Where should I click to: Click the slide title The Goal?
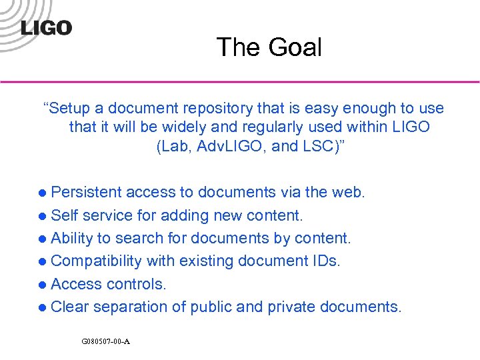click(x=269, y=47)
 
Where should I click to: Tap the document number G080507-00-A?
click(x=105, y=341)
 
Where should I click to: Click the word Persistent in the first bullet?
click(x=86, y=193)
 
